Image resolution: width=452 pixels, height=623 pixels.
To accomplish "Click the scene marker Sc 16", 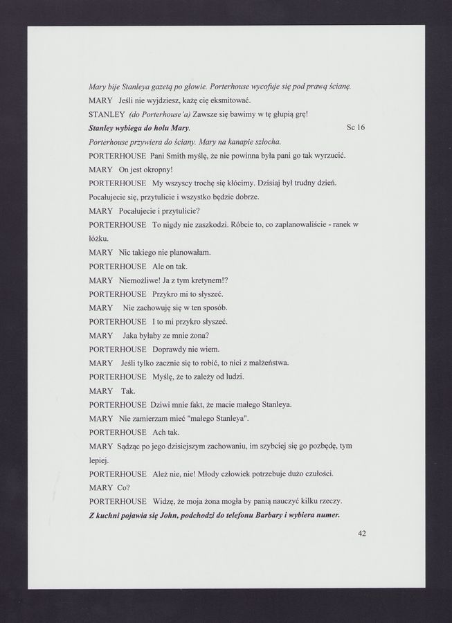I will pos(355,128).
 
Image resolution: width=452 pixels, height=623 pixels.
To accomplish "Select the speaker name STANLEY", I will pos(107,114).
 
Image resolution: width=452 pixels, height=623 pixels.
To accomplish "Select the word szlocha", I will pos(262,142).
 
